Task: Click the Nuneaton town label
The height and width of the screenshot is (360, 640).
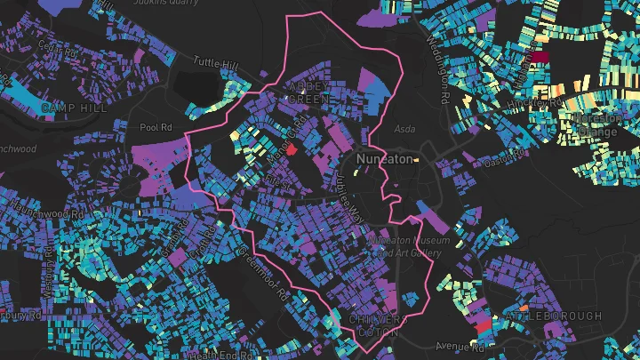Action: [x=383, y=158]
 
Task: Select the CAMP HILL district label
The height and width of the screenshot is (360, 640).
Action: [x=75, y=108]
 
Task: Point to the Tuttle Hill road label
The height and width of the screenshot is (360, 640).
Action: [x=215, y=64]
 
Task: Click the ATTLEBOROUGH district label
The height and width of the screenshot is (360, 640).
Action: [x=553, y=316]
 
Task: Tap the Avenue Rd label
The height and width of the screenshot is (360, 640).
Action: [x=457, y=345]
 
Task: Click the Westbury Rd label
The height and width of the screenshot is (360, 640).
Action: [x=18, y=314]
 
